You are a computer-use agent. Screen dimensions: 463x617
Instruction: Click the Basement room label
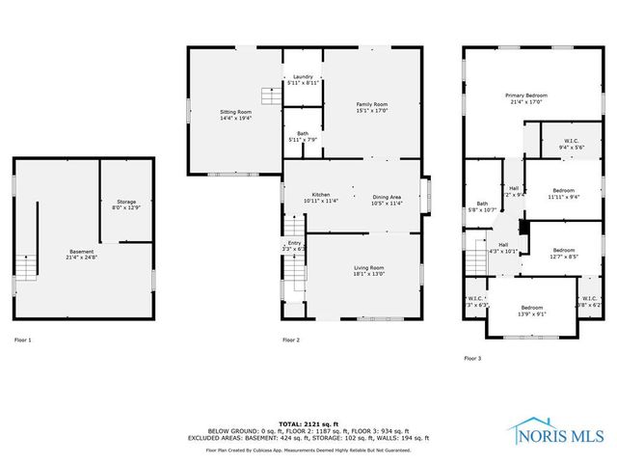(81, 255)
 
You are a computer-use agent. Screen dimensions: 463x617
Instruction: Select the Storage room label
(126, 204)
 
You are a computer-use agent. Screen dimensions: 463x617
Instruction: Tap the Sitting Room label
(235, 116)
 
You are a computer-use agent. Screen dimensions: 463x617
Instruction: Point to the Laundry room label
(303, 80)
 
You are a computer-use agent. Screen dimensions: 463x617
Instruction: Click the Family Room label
(371, 107)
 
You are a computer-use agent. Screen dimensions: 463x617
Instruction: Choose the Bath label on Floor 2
(303, 138)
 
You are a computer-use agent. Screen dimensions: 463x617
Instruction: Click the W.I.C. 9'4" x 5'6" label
(571, 144)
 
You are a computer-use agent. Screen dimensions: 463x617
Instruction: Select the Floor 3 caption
(471, 358)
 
